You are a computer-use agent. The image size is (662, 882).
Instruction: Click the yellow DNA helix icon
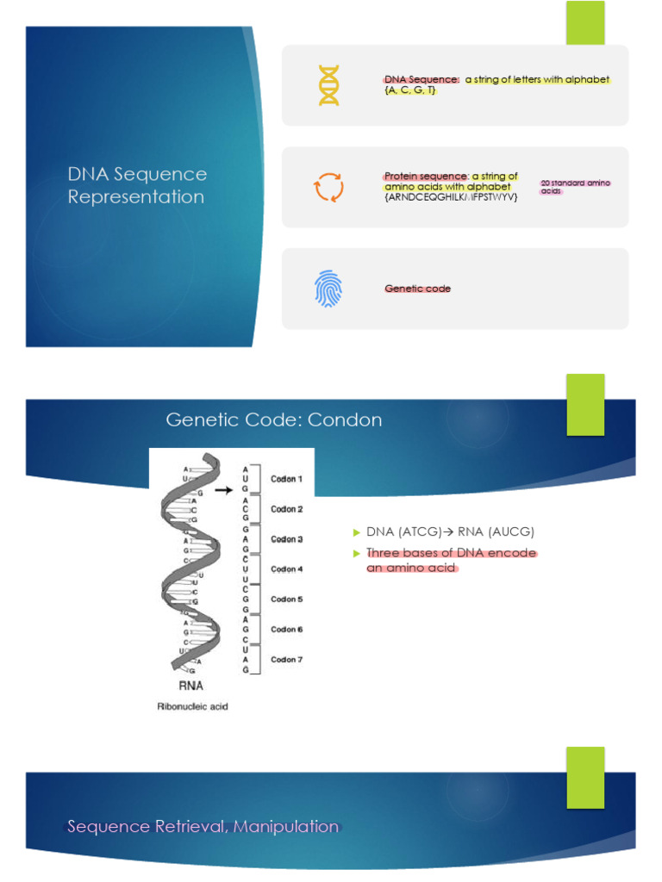(x=329, y=85)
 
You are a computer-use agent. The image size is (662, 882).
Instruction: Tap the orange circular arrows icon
(x=328, y=187)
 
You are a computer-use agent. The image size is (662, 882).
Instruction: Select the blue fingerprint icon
(x=328, y=289)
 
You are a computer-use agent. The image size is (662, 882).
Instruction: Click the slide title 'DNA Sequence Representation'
(x=137, y=185)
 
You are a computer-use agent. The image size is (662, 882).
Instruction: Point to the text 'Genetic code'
(x=417, y=289)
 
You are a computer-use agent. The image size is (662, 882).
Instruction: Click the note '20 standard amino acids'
(x=575, y=187)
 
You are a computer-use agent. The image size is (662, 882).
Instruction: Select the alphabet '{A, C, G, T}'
(x=410, y=90)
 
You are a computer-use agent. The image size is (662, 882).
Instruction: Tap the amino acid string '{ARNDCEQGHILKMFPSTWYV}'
(x=451, y=197)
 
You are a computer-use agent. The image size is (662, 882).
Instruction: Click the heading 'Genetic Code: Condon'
(x=273, y=420)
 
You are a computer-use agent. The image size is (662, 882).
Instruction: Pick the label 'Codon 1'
(x=287, y=479)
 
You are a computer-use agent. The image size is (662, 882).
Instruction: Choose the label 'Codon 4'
(x=287, y=569)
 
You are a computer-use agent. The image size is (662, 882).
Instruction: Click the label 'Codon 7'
(x=287, y=660)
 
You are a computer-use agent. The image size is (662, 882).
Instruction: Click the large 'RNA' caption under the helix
(x=190, y=686)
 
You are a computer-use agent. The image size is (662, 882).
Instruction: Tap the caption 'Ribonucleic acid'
(x=190, y=707)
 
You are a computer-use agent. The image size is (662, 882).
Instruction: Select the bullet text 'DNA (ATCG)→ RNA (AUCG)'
(x=450, y=531)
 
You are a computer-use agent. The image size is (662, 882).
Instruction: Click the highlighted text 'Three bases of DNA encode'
(x=451, y=553)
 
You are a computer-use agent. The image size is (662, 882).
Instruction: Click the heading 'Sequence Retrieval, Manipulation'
(x=203, y=827)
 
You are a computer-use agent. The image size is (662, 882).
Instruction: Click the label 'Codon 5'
(x=287, y=599)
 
